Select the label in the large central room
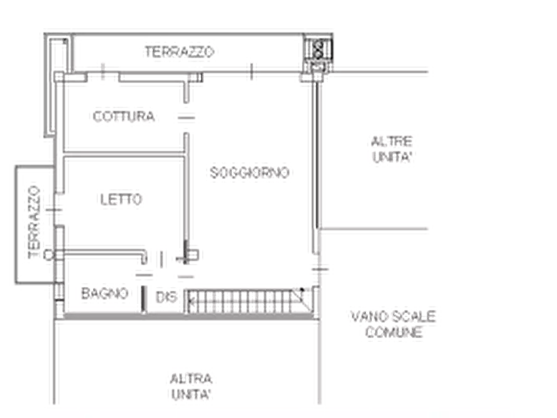click(249, 172)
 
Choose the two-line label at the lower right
click(393, 325)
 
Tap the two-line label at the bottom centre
click(191, 386)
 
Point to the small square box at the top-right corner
click(317, 48)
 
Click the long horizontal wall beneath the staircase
click(187, 320)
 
